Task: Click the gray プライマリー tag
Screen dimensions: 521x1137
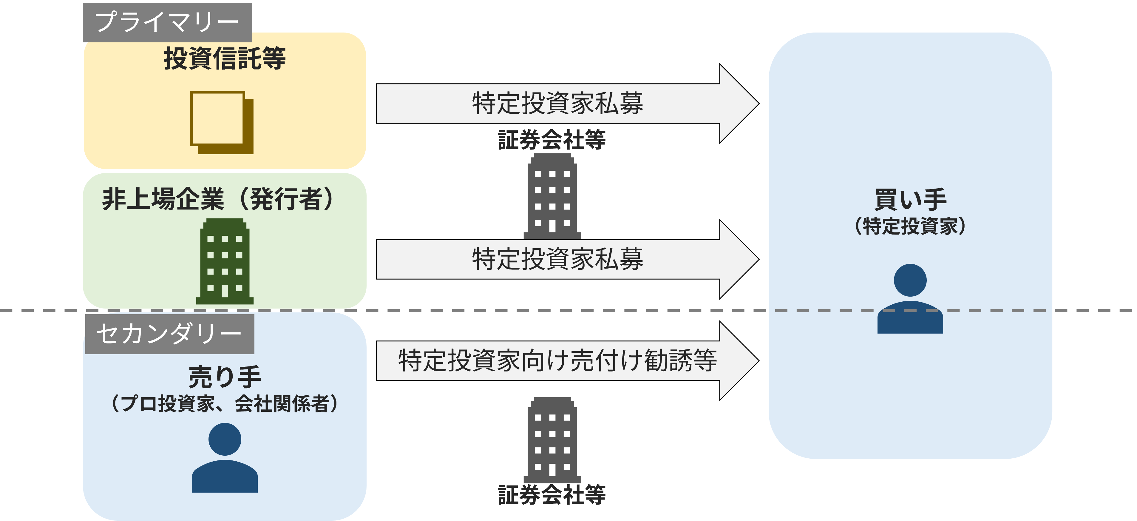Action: [x=167, y=22]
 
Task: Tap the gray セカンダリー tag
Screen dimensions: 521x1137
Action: [x=169, y=334]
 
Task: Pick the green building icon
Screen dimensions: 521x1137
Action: [x=225, y=261]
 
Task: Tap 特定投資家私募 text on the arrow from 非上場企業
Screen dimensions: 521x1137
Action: [x=557, y=259]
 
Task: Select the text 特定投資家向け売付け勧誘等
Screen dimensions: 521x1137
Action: [x=557, y=361]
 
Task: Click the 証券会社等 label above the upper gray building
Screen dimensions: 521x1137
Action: [x=552, y=140]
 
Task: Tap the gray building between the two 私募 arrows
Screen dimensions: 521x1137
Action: [x=552, y=196]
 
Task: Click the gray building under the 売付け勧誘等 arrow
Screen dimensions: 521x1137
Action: [x=552, y=440]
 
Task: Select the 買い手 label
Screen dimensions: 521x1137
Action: [x=910, y=200]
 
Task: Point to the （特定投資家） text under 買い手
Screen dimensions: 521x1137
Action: [x=910, y=226]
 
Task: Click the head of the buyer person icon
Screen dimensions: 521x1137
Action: [x=910, y=280]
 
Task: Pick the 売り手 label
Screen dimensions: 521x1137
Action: [x=225, y=377]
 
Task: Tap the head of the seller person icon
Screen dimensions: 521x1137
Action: [x=225, y=439]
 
